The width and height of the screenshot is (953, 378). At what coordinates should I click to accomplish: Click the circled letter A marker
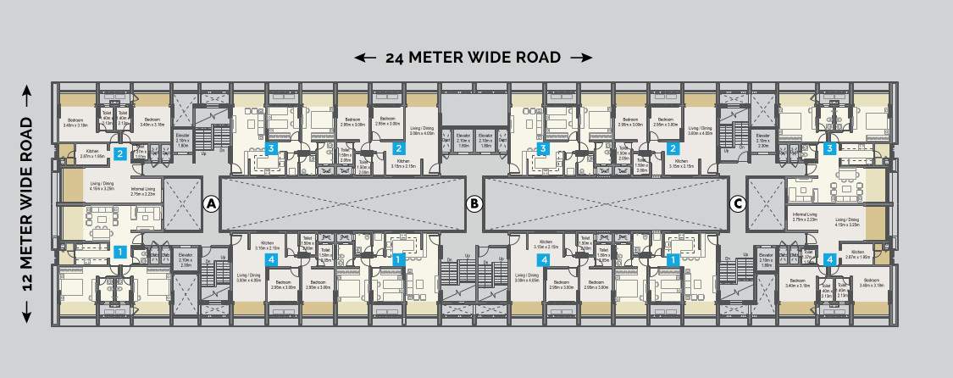pos(211,203)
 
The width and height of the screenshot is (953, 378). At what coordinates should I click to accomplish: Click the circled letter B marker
pos(474,203)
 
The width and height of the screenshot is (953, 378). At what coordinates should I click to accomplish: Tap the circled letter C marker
pos(737,203)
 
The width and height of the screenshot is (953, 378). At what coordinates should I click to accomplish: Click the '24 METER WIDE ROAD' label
pos(474,58)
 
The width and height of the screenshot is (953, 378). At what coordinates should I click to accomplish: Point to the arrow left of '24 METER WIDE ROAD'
pos(365,58)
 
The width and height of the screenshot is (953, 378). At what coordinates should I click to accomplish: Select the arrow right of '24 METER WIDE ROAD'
pos(581,58)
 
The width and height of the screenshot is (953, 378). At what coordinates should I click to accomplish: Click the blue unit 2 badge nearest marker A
pos(120,154)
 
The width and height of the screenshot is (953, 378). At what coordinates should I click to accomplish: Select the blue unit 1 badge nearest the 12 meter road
pos(120,251)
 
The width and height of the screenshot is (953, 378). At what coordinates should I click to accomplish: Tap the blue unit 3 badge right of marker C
pos(830,149)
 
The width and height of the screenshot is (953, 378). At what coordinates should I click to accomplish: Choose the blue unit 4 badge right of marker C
pos(830,259)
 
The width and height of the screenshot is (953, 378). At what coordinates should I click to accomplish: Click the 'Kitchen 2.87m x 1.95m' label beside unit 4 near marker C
pos(858,254)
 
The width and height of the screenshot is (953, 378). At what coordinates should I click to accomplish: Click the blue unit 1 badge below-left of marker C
pos(673,259)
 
